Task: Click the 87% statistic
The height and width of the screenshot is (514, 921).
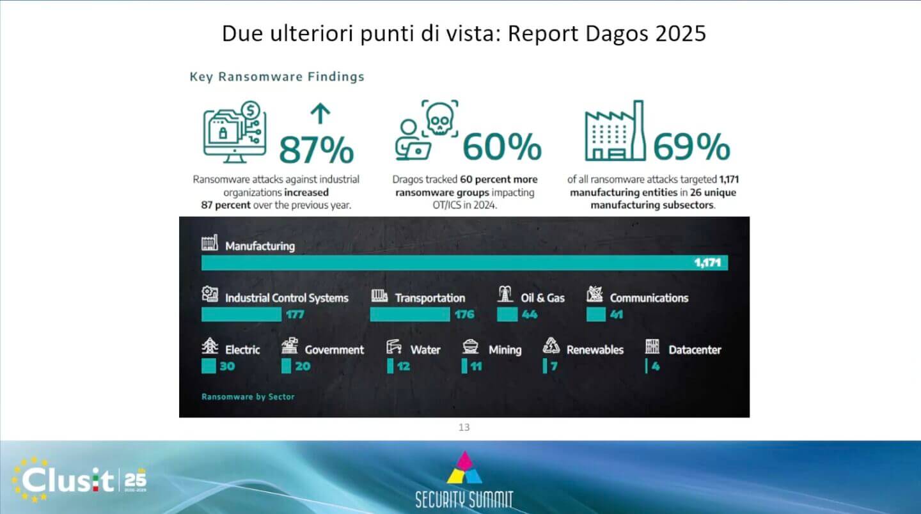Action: pyautogui.click(x=316, y=150)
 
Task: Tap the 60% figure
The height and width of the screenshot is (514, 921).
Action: pyautogui.click(x=502, y=146)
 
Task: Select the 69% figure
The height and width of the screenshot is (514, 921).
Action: pyautogui.click(x=691, y=146)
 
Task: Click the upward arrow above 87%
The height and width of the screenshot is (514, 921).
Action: pyautogui.click(x=320, y=113)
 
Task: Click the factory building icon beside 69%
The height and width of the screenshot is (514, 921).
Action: pyautogui.click(x=615, y=130)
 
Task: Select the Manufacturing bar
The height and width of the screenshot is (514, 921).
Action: pyautogui.click(x=464, y=263)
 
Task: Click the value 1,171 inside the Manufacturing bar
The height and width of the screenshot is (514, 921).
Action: pyautogui.click(x=707, y=263)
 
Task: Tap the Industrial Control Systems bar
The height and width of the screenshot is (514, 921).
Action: pyautogui.click(x=241, y=315)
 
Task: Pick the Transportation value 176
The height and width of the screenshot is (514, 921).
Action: pyautogui.click(x=464, y=315)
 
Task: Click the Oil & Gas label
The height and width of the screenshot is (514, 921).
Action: pyautogui.click(x=543, y=298)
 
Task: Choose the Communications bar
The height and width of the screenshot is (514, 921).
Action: pyautogui.click(x=596, y=315)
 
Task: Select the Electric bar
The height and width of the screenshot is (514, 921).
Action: pyautogui.click(x=209, y=366)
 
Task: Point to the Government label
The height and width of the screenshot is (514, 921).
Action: pyautogui.click(x=335, y=350)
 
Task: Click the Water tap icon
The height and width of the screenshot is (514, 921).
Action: pyautogui.click(x=393, y=347)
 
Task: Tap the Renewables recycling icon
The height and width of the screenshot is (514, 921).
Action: pyautogui.click(x=551, y=346)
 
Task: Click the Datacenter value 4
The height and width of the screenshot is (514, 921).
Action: pyautogui.click(x=656, y=366)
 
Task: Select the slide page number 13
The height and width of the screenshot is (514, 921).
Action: pyautogui.click(x=464, y=427)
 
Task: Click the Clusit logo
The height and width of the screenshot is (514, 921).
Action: pyautogui.click(x=78, y=480)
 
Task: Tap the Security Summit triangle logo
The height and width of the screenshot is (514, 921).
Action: pyautogui.click(x=464, y=468)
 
